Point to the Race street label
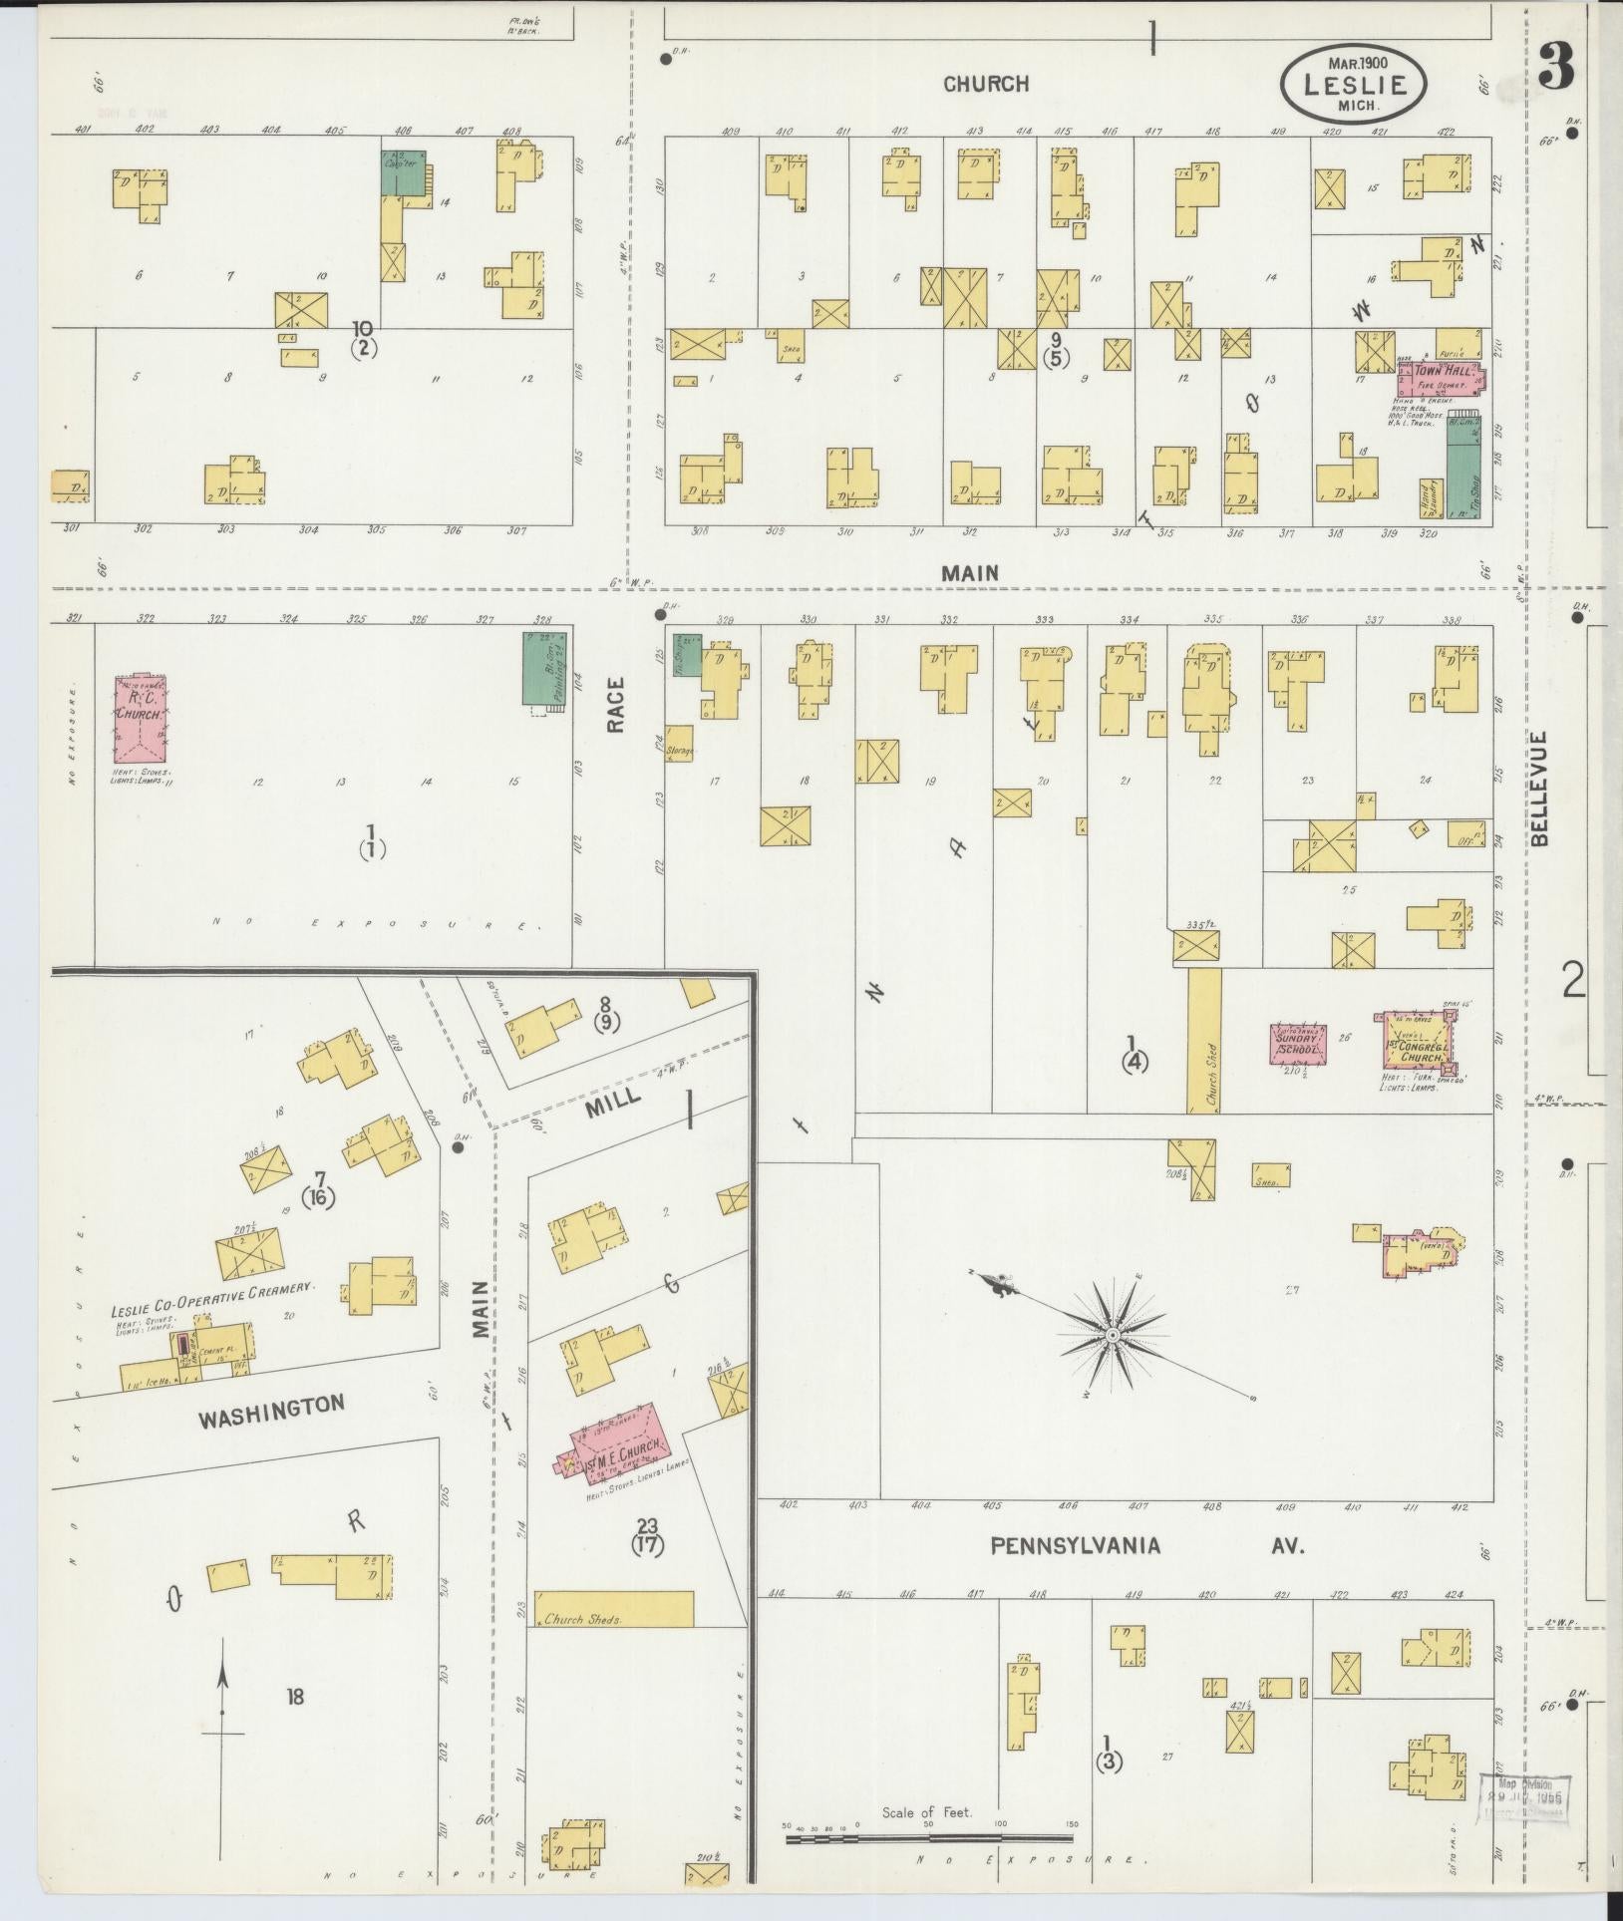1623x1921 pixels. pos(615,705)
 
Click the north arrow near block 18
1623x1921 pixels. pos(222,1709)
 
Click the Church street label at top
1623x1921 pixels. pos(985,84)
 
